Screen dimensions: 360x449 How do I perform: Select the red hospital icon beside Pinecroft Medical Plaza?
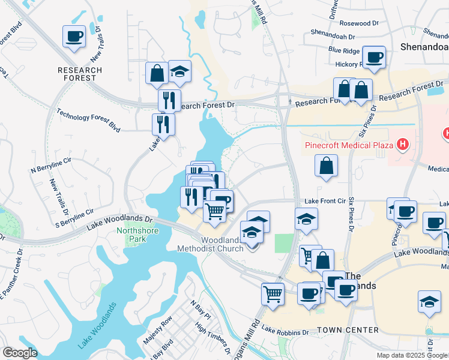403,145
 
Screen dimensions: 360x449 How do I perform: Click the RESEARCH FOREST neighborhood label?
80,74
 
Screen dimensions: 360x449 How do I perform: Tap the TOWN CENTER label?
348,330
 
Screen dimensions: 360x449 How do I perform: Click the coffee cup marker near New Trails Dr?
74,36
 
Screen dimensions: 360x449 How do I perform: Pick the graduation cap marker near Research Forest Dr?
179,72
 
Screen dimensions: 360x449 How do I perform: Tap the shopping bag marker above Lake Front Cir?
325,166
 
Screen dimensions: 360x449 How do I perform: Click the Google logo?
19,353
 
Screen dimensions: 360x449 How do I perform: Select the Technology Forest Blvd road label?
88,119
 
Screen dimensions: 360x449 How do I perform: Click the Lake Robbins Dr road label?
285,331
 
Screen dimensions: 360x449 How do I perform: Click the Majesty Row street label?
157,332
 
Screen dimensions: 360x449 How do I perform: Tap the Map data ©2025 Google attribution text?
412,355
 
